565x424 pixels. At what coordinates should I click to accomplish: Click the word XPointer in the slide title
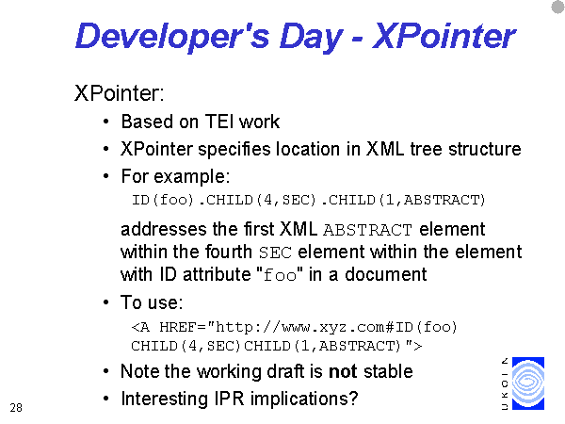pyautogui.click(x=444, y=36)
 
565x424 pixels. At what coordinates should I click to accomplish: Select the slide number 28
pyautogui.click(x=16, y=408)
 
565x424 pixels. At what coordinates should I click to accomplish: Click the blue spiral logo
pyautogui.click(x=528, y=383)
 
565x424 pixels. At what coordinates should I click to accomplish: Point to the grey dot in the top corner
pyautogui.click(x=558, y=7)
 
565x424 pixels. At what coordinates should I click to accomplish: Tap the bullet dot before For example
pyautogui.click(x=105, y=177)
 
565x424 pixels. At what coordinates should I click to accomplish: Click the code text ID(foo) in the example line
pyautogui.click(x=163, y=200)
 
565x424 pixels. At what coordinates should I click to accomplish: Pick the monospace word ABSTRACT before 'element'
pyautogui.click(x=367, y=230)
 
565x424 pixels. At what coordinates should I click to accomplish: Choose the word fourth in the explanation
pyautogui.click(x=228, y=252)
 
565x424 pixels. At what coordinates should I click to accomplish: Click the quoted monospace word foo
pyautogui.click(x=280, y=275)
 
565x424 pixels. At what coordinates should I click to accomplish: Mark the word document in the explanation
pyautogui.click(x=385, y=274)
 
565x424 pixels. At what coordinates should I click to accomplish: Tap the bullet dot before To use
pyautogui.click(x=105, y=302)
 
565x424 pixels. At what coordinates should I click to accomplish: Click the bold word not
pyautogui.click(x=343, y=371)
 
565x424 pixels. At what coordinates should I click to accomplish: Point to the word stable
pyautogui.click(x=388, y=371)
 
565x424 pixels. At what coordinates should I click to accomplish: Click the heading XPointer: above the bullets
pyautogui.click(x=120, y=93)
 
